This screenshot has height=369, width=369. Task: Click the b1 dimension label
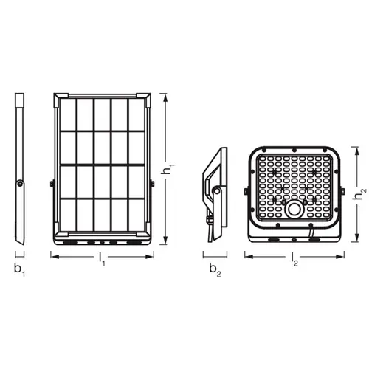coord(19,270)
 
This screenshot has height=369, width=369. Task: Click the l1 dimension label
coord(102,259)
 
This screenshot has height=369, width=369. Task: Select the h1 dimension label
coord(168,169)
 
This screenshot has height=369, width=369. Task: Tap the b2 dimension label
coord(215,270)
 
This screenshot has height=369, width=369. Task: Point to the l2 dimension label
coord(294,259)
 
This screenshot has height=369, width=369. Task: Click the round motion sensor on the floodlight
coord(294,210)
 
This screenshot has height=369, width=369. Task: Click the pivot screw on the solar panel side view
coord(20,184)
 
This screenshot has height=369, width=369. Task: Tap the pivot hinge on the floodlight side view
coord(216,190)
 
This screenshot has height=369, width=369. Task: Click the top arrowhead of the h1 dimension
coord(165,97)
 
